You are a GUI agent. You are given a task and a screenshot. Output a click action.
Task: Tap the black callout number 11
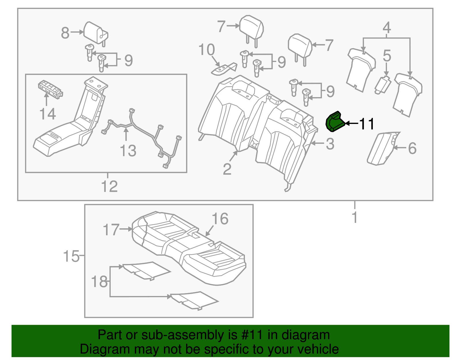[x=367, y=124]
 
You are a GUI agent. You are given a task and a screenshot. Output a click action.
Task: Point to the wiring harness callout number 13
[x=128, y=150]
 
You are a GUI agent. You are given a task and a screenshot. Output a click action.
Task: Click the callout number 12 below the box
[x=109, y=186]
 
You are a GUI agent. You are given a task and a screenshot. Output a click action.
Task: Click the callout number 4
[x=387, y=28]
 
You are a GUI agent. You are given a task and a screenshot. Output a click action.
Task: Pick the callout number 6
[x=412, y=148]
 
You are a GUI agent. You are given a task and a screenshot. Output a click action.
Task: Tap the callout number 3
[x=330, y=144]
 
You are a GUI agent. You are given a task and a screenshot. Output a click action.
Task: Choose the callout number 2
[x=227, y=169]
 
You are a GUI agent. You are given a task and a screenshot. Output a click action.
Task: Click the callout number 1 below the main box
[x=355, y=217]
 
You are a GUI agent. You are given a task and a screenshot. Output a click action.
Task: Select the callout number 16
[x=220, y=219]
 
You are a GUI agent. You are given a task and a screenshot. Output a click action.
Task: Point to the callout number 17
[x=111, y=230]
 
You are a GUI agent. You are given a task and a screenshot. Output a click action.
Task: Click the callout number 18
[x=99, y=282]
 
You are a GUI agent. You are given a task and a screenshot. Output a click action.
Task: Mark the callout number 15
[x=71, y=256]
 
